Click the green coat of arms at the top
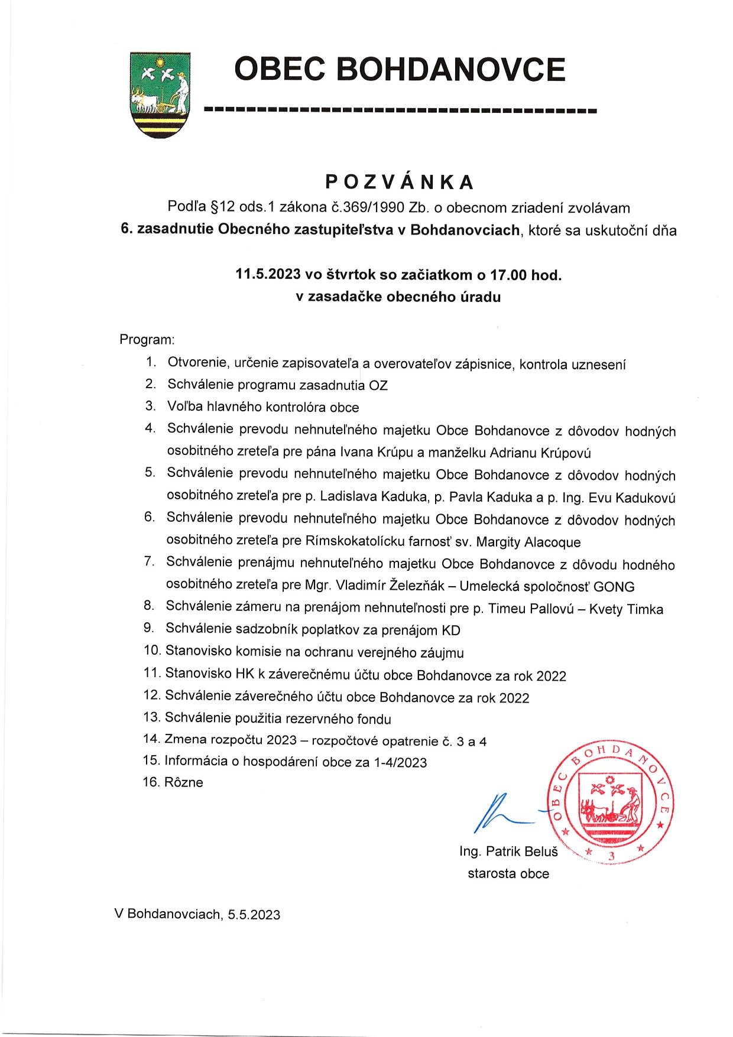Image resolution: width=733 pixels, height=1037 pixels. (160, 95)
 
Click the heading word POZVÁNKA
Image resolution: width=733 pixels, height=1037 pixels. (400, 182)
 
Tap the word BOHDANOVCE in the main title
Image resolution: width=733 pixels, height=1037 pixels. (451, 69)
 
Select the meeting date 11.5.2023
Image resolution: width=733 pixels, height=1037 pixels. (268, 275)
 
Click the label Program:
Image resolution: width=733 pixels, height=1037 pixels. (147, 340)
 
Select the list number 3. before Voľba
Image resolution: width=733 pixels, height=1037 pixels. (151, 407)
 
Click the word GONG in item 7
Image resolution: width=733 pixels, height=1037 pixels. (614, 587)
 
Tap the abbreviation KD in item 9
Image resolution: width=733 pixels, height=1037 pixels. (450, 630)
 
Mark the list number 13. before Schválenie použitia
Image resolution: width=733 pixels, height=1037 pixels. (152, 718)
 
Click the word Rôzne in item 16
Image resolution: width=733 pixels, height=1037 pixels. (183, 782)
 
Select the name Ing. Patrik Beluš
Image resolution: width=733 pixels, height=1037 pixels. (508, 851)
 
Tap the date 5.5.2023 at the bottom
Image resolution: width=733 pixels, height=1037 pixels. (254, 915)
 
